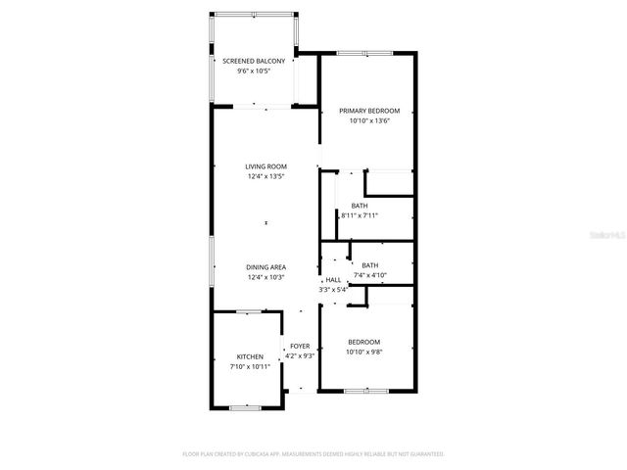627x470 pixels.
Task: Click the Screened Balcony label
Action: (x=253, y=62)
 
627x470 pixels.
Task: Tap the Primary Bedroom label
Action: (x=370, y=111)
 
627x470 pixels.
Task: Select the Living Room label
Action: (x=265, y=166)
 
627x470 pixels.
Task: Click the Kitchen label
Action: (x=250, y=356)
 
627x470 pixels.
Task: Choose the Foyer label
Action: (x=299, y=346)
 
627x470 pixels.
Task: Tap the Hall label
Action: (x=333, y=280)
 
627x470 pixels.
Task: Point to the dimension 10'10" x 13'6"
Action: (x=370, y=120)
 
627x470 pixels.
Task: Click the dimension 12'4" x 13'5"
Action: (x=265, y=176)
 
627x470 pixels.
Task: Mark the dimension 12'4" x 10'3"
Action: (x=265, y=277)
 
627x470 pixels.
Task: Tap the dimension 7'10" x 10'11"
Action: (x=250, y=366)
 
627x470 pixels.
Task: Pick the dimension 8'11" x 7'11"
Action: (x=360, y=215)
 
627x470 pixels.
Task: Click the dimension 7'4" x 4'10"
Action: (x=369, y=276)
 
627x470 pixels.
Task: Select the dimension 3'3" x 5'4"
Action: (x=333, y=290)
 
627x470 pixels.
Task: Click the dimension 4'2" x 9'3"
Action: (x=299, y=355)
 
